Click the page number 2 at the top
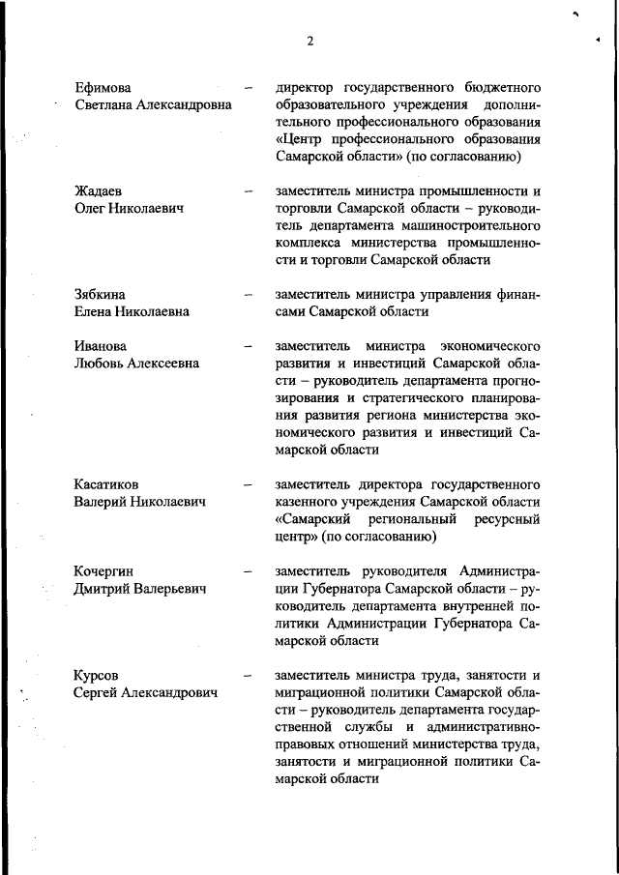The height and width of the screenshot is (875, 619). point(309,41)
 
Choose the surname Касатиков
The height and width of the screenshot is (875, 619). point(107,483)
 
